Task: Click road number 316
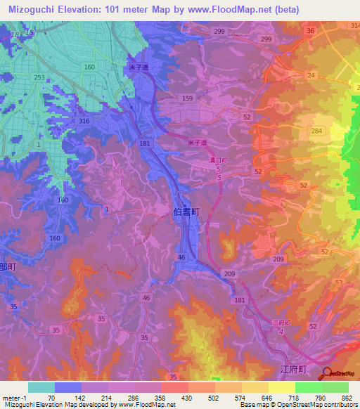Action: pyautogui.click(x=85, y=122)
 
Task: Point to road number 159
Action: pyautogui.click(x=187, y=98)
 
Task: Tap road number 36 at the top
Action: pyautogui.click(x=310, y=31)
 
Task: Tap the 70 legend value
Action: pyautogui.click(x=51, y=396)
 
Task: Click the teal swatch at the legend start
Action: pyautogui.click(x=41, y=387)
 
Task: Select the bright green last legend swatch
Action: pyautogui.click(x=335, y=387)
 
